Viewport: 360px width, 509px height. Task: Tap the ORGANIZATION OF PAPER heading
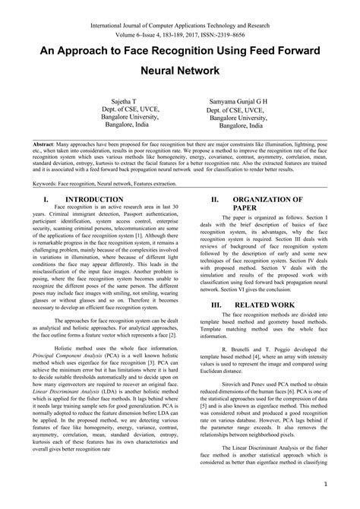coord(265,200)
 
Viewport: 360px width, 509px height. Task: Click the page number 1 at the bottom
coord(324,483)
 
